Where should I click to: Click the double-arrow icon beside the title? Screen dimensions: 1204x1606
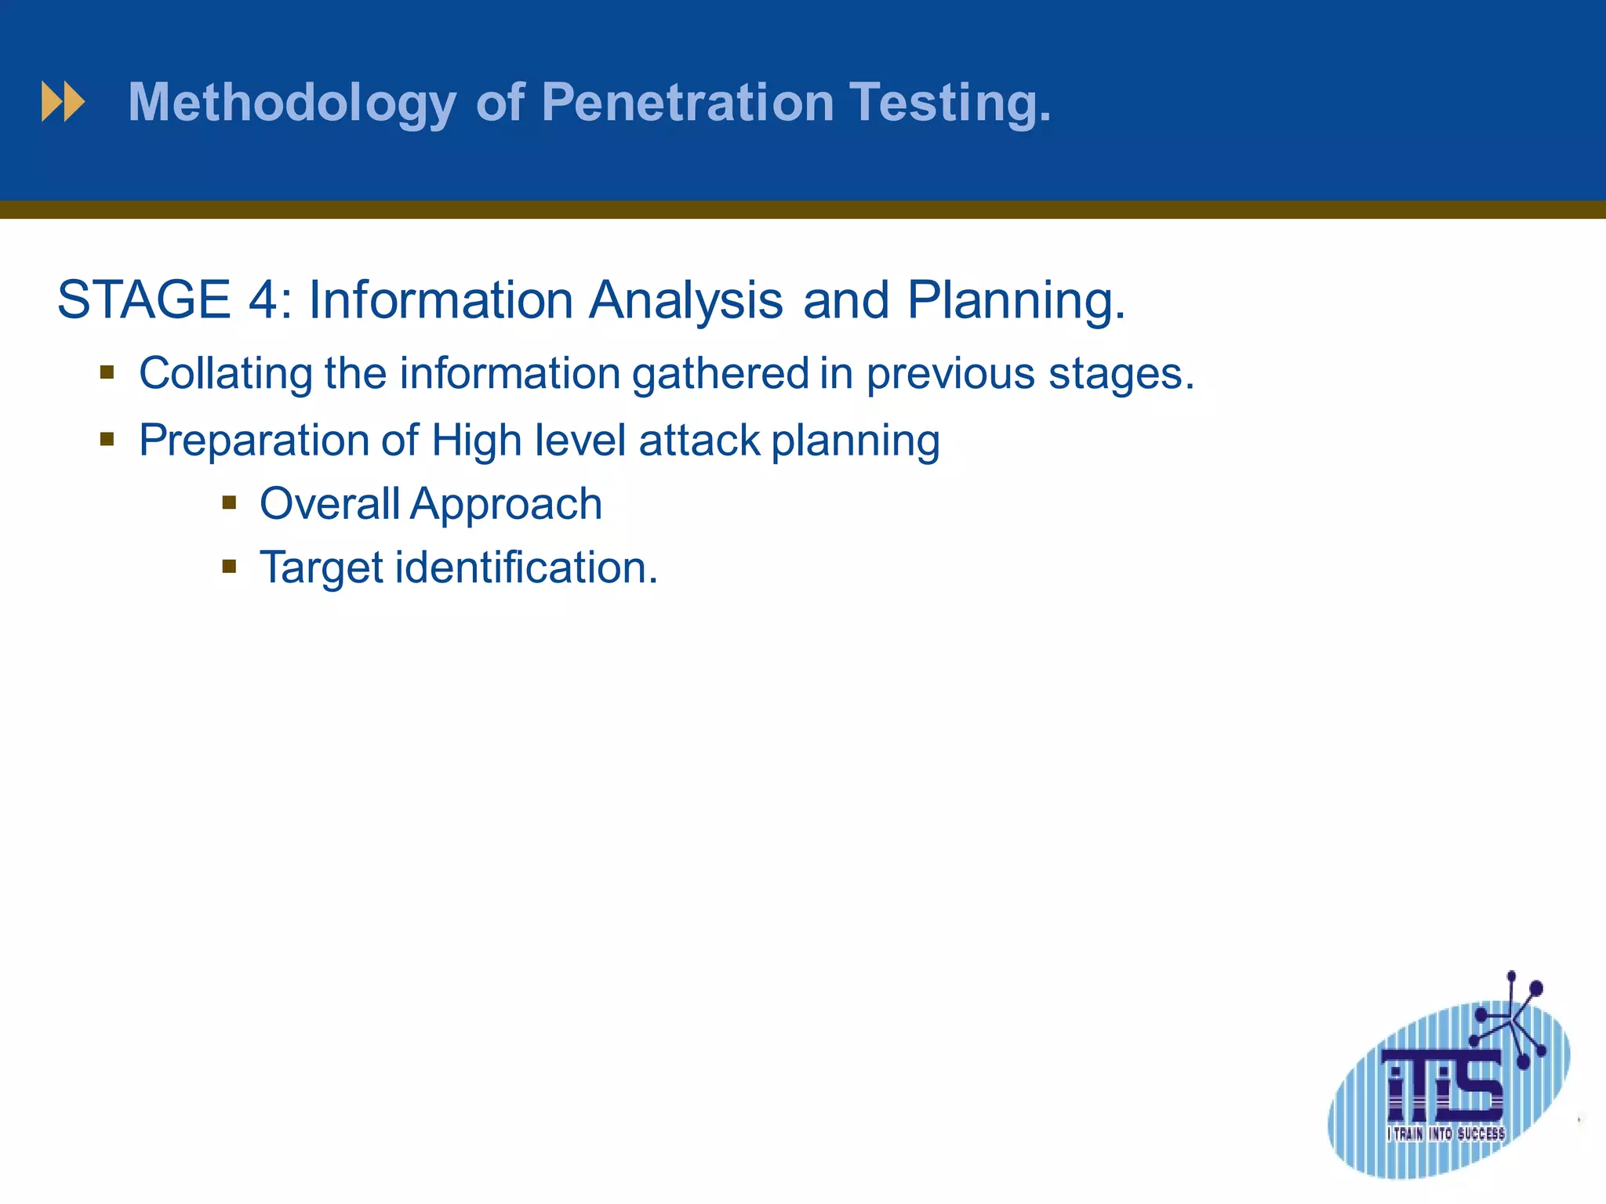63,102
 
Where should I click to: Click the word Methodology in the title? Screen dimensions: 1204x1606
292,103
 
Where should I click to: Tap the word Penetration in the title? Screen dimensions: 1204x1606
688,102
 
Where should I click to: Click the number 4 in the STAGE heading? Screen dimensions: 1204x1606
263,299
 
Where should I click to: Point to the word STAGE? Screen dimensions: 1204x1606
144,299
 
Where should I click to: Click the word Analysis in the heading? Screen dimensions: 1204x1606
685,301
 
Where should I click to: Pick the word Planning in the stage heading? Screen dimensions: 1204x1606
1016,301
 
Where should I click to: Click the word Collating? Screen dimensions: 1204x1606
226,373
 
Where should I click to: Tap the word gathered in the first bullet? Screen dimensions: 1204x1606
721,373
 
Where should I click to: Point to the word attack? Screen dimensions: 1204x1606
699,440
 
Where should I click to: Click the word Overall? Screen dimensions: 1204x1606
330,503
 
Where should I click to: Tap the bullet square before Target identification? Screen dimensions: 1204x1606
229,566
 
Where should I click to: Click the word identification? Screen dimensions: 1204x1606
525,567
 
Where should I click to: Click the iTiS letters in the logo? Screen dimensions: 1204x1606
1444,1086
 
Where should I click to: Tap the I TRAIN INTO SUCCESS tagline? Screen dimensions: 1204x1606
1445,1133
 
